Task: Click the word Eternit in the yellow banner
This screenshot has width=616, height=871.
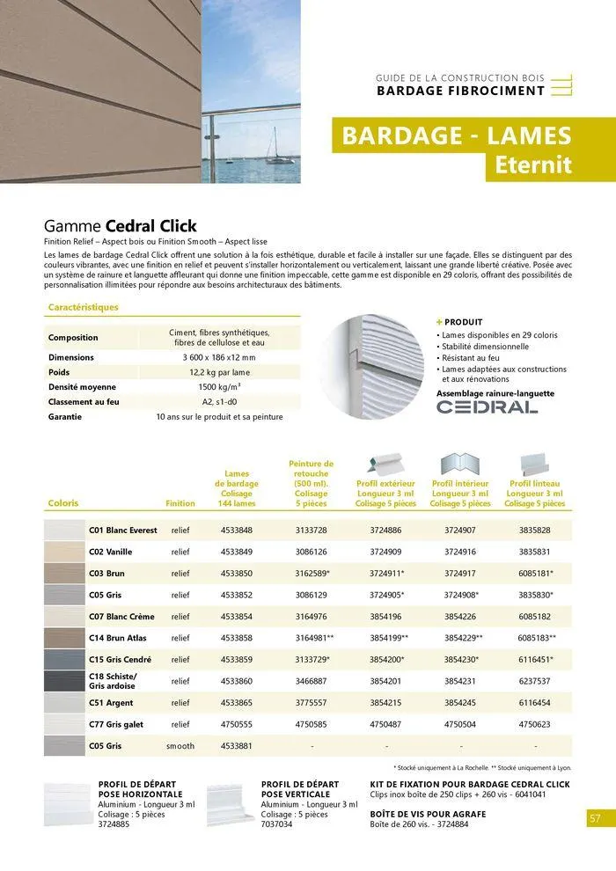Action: click(x=532, y=165)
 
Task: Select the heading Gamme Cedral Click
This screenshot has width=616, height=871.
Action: click(x=121, y=226)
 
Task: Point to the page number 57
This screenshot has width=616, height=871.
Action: click(x=595, y=818)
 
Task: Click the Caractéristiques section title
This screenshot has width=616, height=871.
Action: click(x=83, y=308)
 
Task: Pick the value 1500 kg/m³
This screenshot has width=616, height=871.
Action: click(x=219, y=387)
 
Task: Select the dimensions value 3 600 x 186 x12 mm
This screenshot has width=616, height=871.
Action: click(x=219, y=358)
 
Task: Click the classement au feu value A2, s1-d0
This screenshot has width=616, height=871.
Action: click(x=219, y=402)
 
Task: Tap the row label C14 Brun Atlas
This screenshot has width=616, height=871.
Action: click(x=118, y=638)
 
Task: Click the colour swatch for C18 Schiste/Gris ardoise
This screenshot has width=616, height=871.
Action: click(x=63, y=680)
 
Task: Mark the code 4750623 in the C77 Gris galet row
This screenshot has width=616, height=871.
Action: click(x=534, y=724)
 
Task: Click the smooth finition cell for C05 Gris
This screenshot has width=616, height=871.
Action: click(x=180, y=746)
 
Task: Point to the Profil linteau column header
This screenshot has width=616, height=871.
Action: click(x=534, y=494)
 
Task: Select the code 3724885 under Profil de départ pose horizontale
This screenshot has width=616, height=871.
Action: click(x=114, y=824)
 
